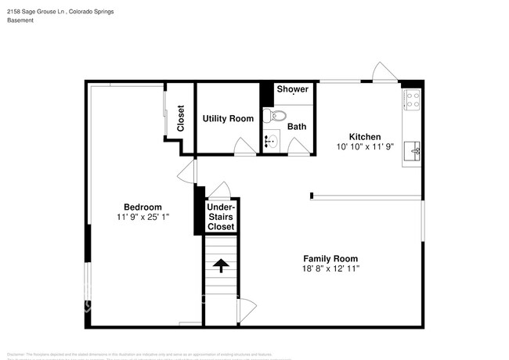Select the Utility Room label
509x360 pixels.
pos(228,119)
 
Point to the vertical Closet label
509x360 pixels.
pos(180,118)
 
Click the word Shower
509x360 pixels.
pos(292,89)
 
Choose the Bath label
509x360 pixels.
pos(297,127)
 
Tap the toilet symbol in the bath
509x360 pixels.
pos(269,116)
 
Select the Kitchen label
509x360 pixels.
pos(364,137)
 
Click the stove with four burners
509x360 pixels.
pos(412,99)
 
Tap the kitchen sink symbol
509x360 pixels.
pos(412,149)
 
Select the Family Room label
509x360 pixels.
pos(330,258)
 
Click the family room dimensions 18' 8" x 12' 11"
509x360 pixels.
pos(330,268)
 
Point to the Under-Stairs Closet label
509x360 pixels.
pos(221,216)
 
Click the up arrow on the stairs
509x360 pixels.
pos(221,265)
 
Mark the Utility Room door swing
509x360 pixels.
pos(246,146)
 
